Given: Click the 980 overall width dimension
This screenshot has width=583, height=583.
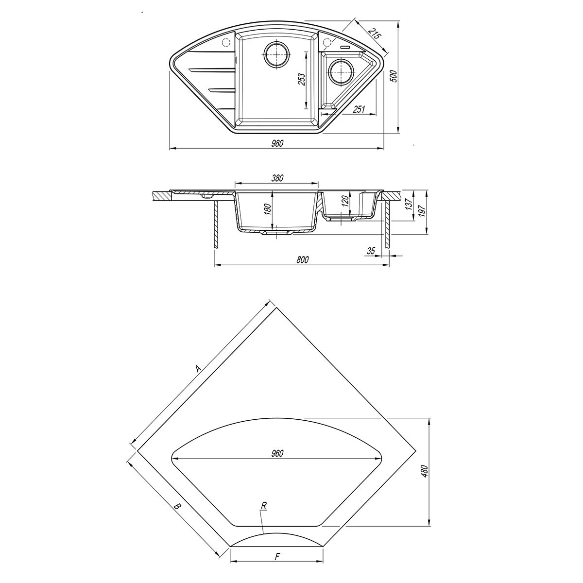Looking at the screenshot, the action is [277, 143].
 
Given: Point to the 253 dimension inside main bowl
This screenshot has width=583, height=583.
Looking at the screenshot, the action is [302, 80].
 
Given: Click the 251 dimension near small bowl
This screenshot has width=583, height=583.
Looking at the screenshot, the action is [359, 109].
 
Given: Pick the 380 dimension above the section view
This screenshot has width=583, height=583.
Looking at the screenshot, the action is [277, 178].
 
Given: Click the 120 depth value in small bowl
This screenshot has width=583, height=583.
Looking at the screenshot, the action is [346, 200].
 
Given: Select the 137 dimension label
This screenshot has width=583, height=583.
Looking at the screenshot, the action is [409, 204].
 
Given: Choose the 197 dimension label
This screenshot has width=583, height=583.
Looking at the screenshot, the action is [423, 211].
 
